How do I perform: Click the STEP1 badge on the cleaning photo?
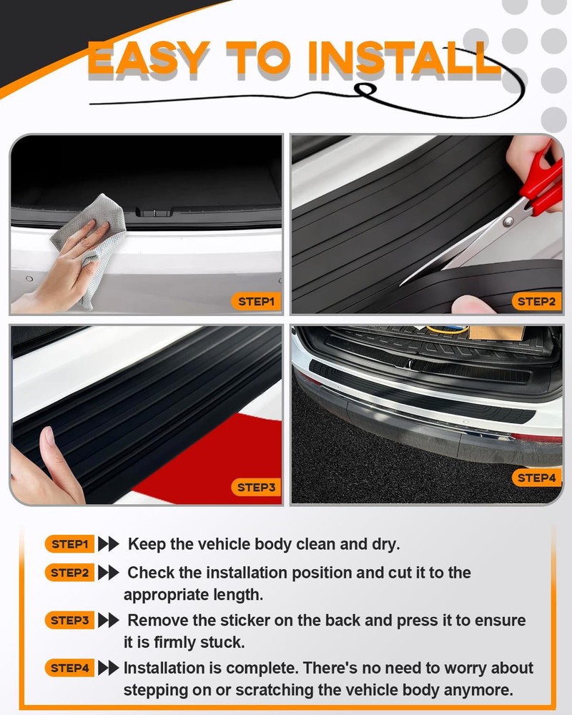click(x=255, y=301)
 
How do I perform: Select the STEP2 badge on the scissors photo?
click(x=536, y=301)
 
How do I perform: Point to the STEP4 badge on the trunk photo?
click(x=536, y=478)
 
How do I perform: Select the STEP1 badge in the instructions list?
click(x=69, y=544)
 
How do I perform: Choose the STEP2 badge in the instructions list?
click(x=69, y=573)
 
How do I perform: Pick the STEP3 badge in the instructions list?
click(x=69, y=621)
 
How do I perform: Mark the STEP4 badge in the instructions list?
click(x=69, y=669)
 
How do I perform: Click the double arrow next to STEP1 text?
click(x=108, y=544)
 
